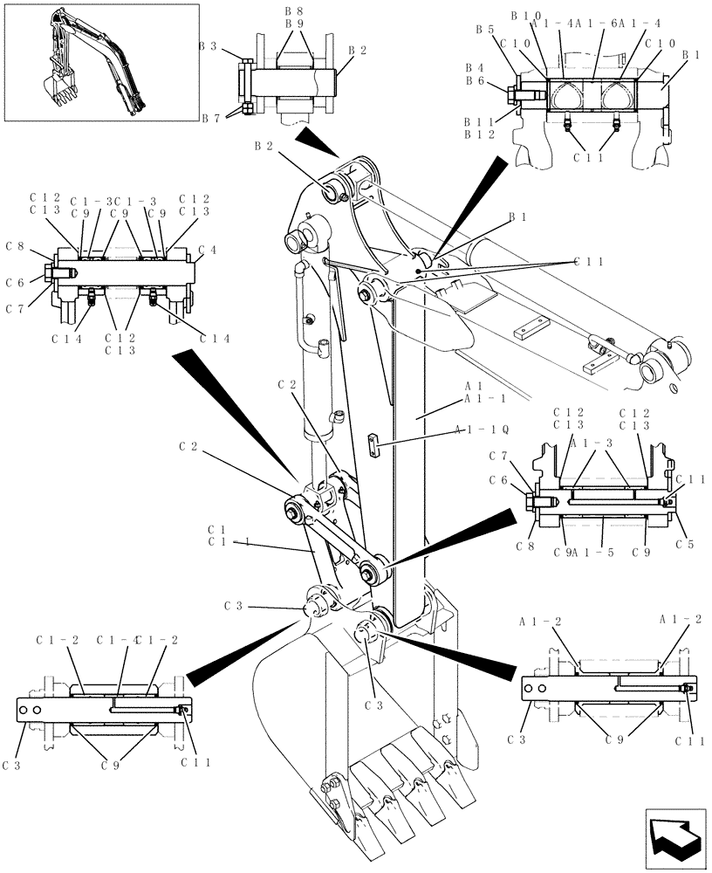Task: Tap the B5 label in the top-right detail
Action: click(x=485, y=30)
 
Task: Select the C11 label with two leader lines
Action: click(x=588, y=261)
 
